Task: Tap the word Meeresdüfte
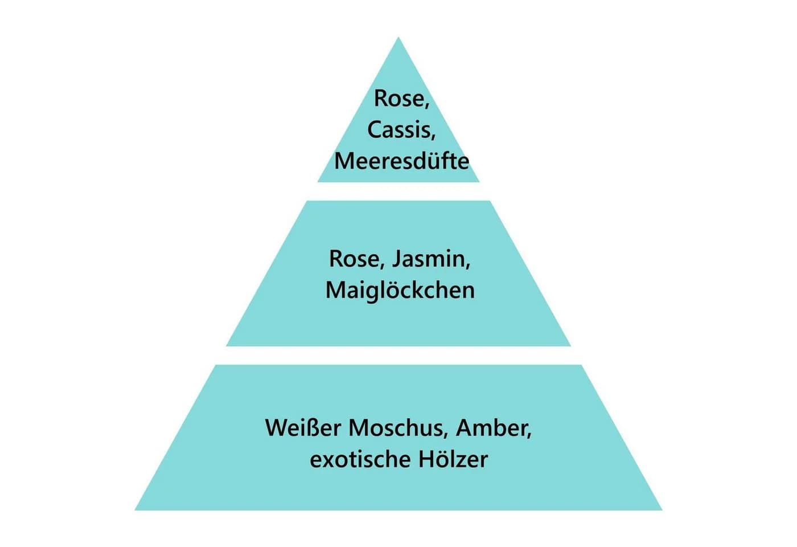coord(402,161)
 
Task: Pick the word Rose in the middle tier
coord(357,259)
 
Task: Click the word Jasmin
coord(432,259)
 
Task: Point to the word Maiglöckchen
coord(400,290)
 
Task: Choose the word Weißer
coord(303,428)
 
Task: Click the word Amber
coord(494,428)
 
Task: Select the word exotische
coord(360,459)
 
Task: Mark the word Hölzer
coord(453,459)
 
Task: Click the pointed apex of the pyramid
coord(398,38)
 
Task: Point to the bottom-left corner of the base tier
coord(135,510)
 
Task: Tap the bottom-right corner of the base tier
coord(662,510)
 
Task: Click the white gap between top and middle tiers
coord(398,191)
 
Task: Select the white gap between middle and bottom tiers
coord(398,355)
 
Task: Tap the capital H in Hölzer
coord(426,459)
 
